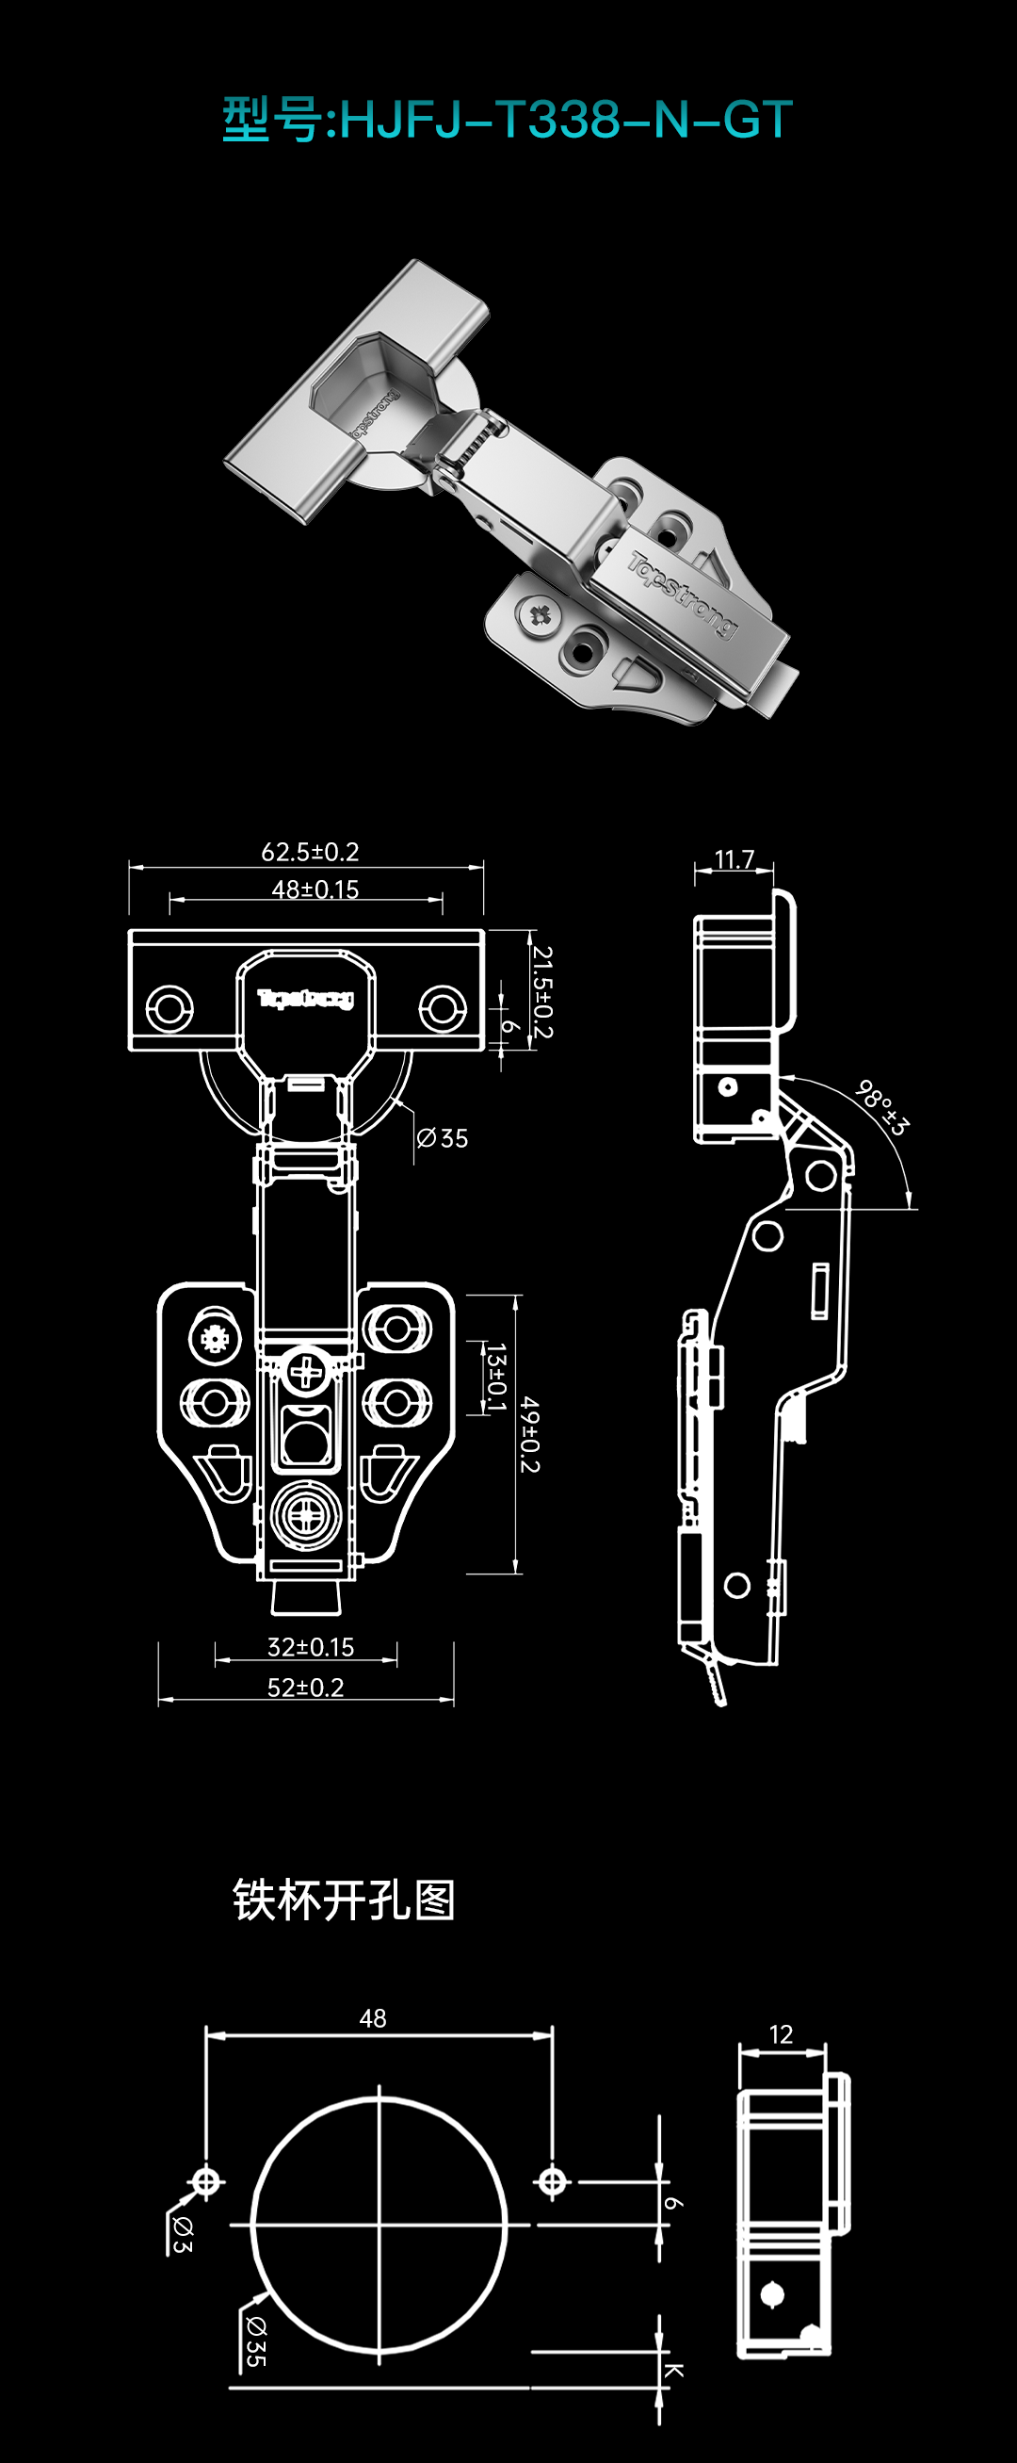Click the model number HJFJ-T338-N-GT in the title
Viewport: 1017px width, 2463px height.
(566, 120)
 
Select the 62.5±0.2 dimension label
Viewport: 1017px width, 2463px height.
(310, 851)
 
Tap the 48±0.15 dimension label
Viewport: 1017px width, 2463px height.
(315, 889)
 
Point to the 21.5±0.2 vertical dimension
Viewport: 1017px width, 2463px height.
(542, 991)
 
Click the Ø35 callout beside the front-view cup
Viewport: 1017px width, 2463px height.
(443, 1138)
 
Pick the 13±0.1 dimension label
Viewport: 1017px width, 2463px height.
(495, 1377)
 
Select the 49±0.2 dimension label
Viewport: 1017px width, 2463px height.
(529, 1434)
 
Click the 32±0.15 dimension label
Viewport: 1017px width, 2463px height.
(310, 1646)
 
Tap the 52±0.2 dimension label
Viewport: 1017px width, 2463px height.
(305, 1688)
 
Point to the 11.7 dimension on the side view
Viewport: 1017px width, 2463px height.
(734, 858)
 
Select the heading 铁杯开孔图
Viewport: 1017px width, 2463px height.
(343, 1899)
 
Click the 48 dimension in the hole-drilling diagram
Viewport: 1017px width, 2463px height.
(373, 2017)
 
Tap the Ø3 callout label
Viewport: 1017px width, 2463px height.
(181, 2233)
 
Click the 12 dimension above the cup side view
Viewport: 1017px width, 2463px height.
(781, 2033)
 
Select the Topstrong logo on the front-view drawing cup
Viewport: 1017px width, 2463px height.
(306, 999)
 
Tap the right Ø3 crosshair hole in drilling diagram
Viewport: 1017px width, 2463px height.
(552, 2182)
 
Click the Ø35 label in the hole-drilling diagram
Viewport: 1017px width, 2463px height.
(255, 2341)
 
